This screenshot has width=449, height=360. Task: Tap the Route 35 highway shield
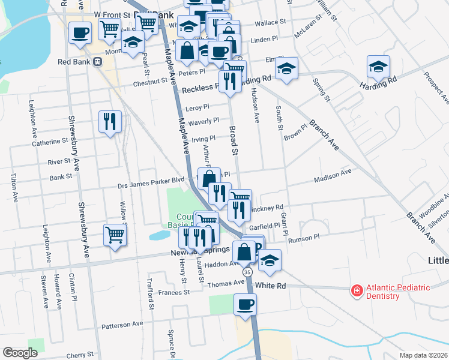(x=247, y=272)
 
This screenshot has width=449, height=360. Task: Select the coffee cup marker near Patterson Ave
(x=245, y=305)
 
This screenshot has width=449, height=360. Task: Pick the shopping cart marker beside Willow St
(x=115, y=235)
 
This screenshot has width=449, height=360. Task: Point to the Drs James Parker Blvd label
(x=150, y=180)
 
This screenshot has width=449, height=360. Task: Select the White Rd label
(x=270, y=286)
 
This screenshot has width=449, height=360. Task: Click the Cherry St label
(x=80, y=355)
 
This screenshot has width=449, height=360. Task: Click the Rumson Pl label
(x=304, y=238)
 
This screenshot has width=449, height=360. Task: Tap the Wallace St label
(x=270, y=22)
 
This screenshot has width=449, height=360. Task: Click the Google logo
(x=20, y=352)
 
